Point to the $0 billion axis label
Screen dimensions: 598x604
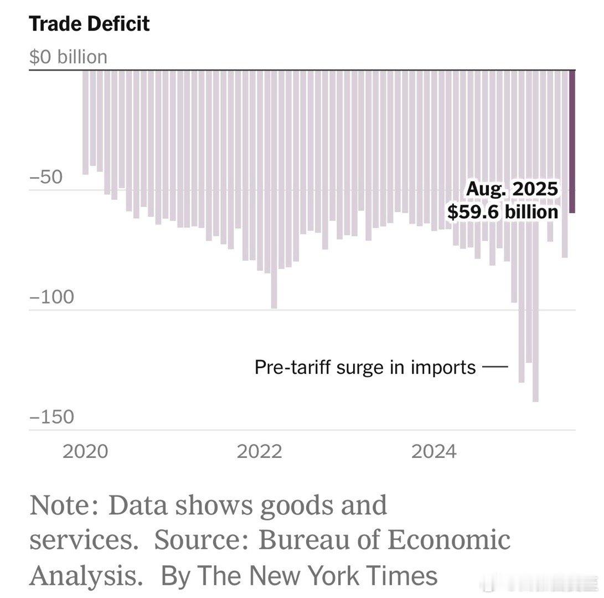point(68,57)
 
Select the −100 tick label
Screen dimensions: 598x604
point(51,298)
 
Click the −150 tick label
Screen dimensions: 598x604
point(51,417)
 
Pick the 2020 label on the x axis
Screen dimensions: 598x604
point(85,452)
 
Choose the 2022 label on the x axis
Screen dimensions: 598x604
point(259,452)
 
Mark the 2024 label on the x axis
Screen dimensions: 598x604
point(433,452)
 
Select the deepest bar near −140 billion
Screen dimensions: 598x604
point(535,277)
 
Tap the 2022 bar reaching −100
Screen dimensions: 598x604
point(274,221)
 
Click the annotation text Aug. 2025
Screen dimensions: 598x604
point(512,189)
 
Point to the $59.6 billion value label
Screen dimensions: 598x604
point(503,212)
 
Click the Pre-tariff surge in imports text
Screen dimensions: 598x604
point(365,367)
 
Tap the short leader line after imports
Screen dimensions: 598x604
point(495,367)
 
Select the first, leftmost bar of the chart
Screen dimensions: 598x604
point(85,122)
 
